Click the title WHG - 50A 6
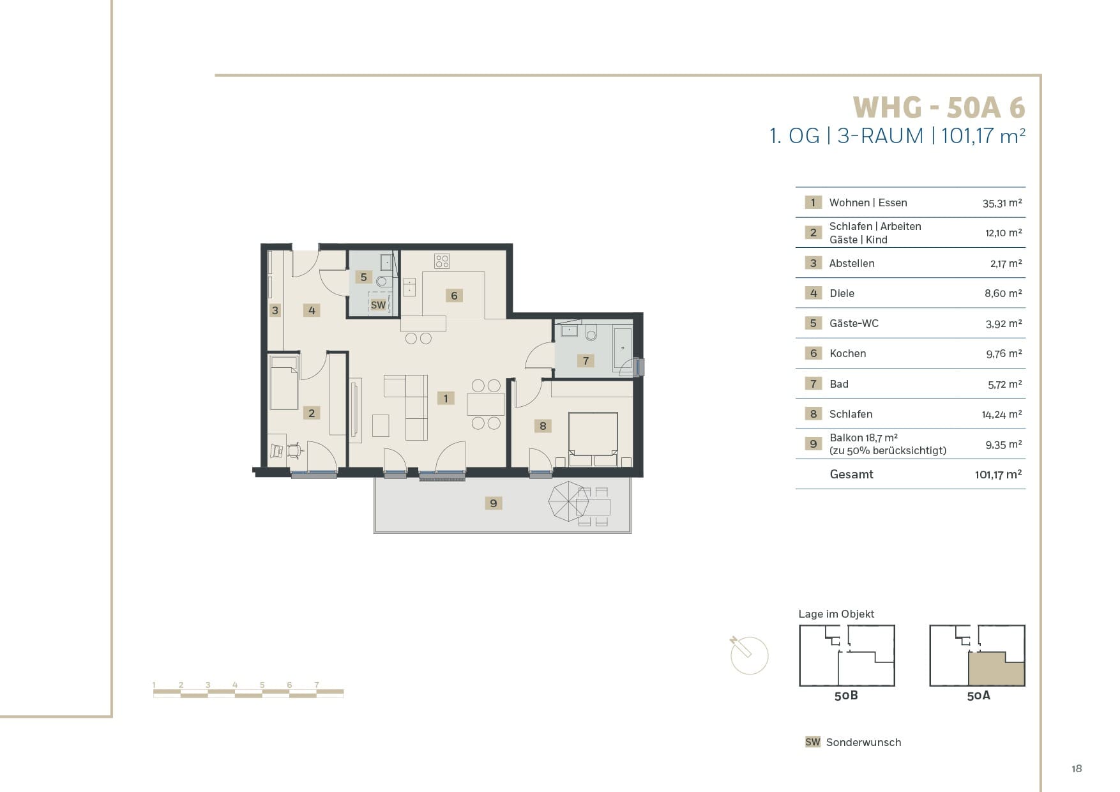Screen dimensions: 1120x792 point(939,107)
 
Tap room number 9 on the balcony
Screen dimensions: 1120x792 point(493,503)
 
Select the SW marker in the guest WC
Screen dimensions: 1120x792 point(378,305)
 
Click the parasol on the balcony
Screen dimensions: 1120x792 point(569,501)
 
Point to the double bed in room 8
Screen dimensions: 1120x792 point(593,439)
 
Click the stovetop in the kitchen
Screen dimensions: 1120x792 point(441,261)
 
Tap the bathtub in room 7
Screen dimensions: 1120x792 point(623,349)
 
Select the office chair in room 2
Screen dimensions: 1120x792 point(294,450)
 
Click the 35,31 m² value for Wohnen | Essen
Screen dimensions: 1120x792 point(1002,203)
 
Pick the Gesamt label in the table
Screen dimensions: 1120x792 point(851,474)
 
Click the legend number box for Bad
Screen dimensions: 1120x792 point(813,384)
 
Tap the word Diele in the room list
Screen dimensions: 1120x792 point(842,293)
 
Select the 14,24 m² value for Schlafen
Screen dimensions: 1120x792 point(1002,415)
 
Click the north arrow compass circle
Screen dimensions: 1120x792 point(750,655)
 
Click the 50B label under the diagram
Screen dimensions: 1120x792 point(846,696)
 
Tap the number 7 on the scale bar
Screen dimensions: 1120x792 point(317,685)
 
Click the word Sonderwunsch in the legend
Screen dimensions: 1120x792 point(863,742)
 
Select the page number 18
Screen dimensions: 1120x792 point(1077,768)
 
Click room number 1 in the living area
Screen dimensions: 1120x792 point(446,398)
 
